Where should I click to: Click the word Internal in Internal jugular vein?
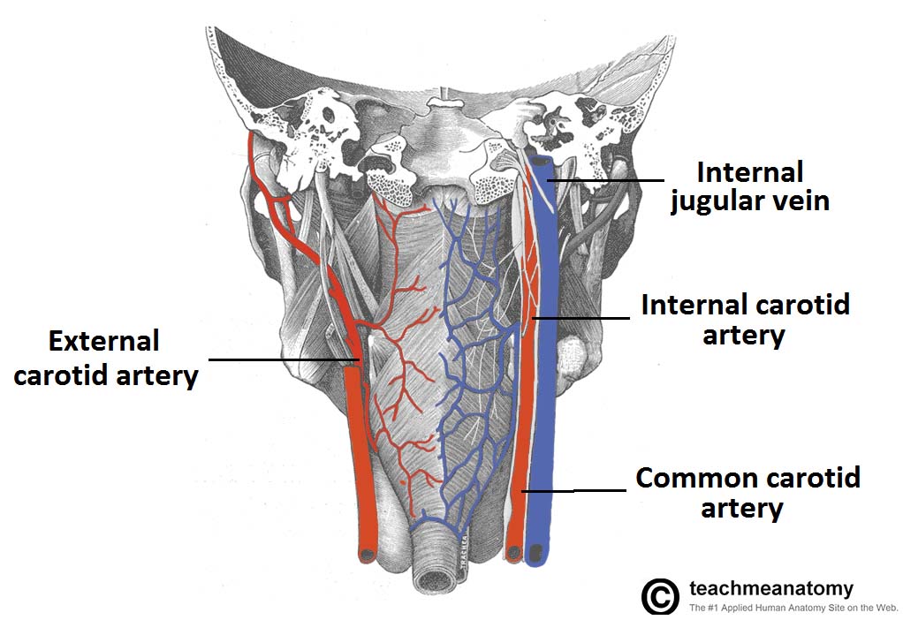click(x=749, y=171)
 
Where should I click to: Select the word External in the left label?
click(x=103, y=341)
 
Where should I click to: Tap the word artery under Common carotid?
click(x=741, y=509)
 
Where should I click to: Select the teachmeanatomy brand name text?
click(x=770, y=588)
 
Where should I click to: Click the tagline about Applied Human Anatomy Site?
click(x=793, y=608)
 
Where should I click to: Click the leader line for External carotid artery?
click(x=283, y=359)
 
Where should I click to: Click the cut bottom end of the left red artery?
click(x=366, y=555)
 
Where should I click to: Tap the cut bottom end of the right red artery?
click(x=512, y=553)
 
